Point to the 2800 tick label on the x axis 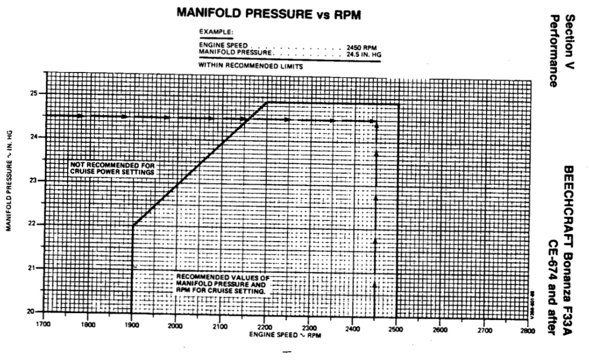(527, 331)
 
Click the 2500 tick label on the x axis (395, 329)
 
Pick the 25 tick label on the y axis (34, 93)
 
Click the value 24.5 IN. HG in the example (364, 53)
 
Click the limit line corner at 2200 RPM (266, 102)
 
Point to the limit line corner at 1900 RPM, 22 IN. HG (133, 225)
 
